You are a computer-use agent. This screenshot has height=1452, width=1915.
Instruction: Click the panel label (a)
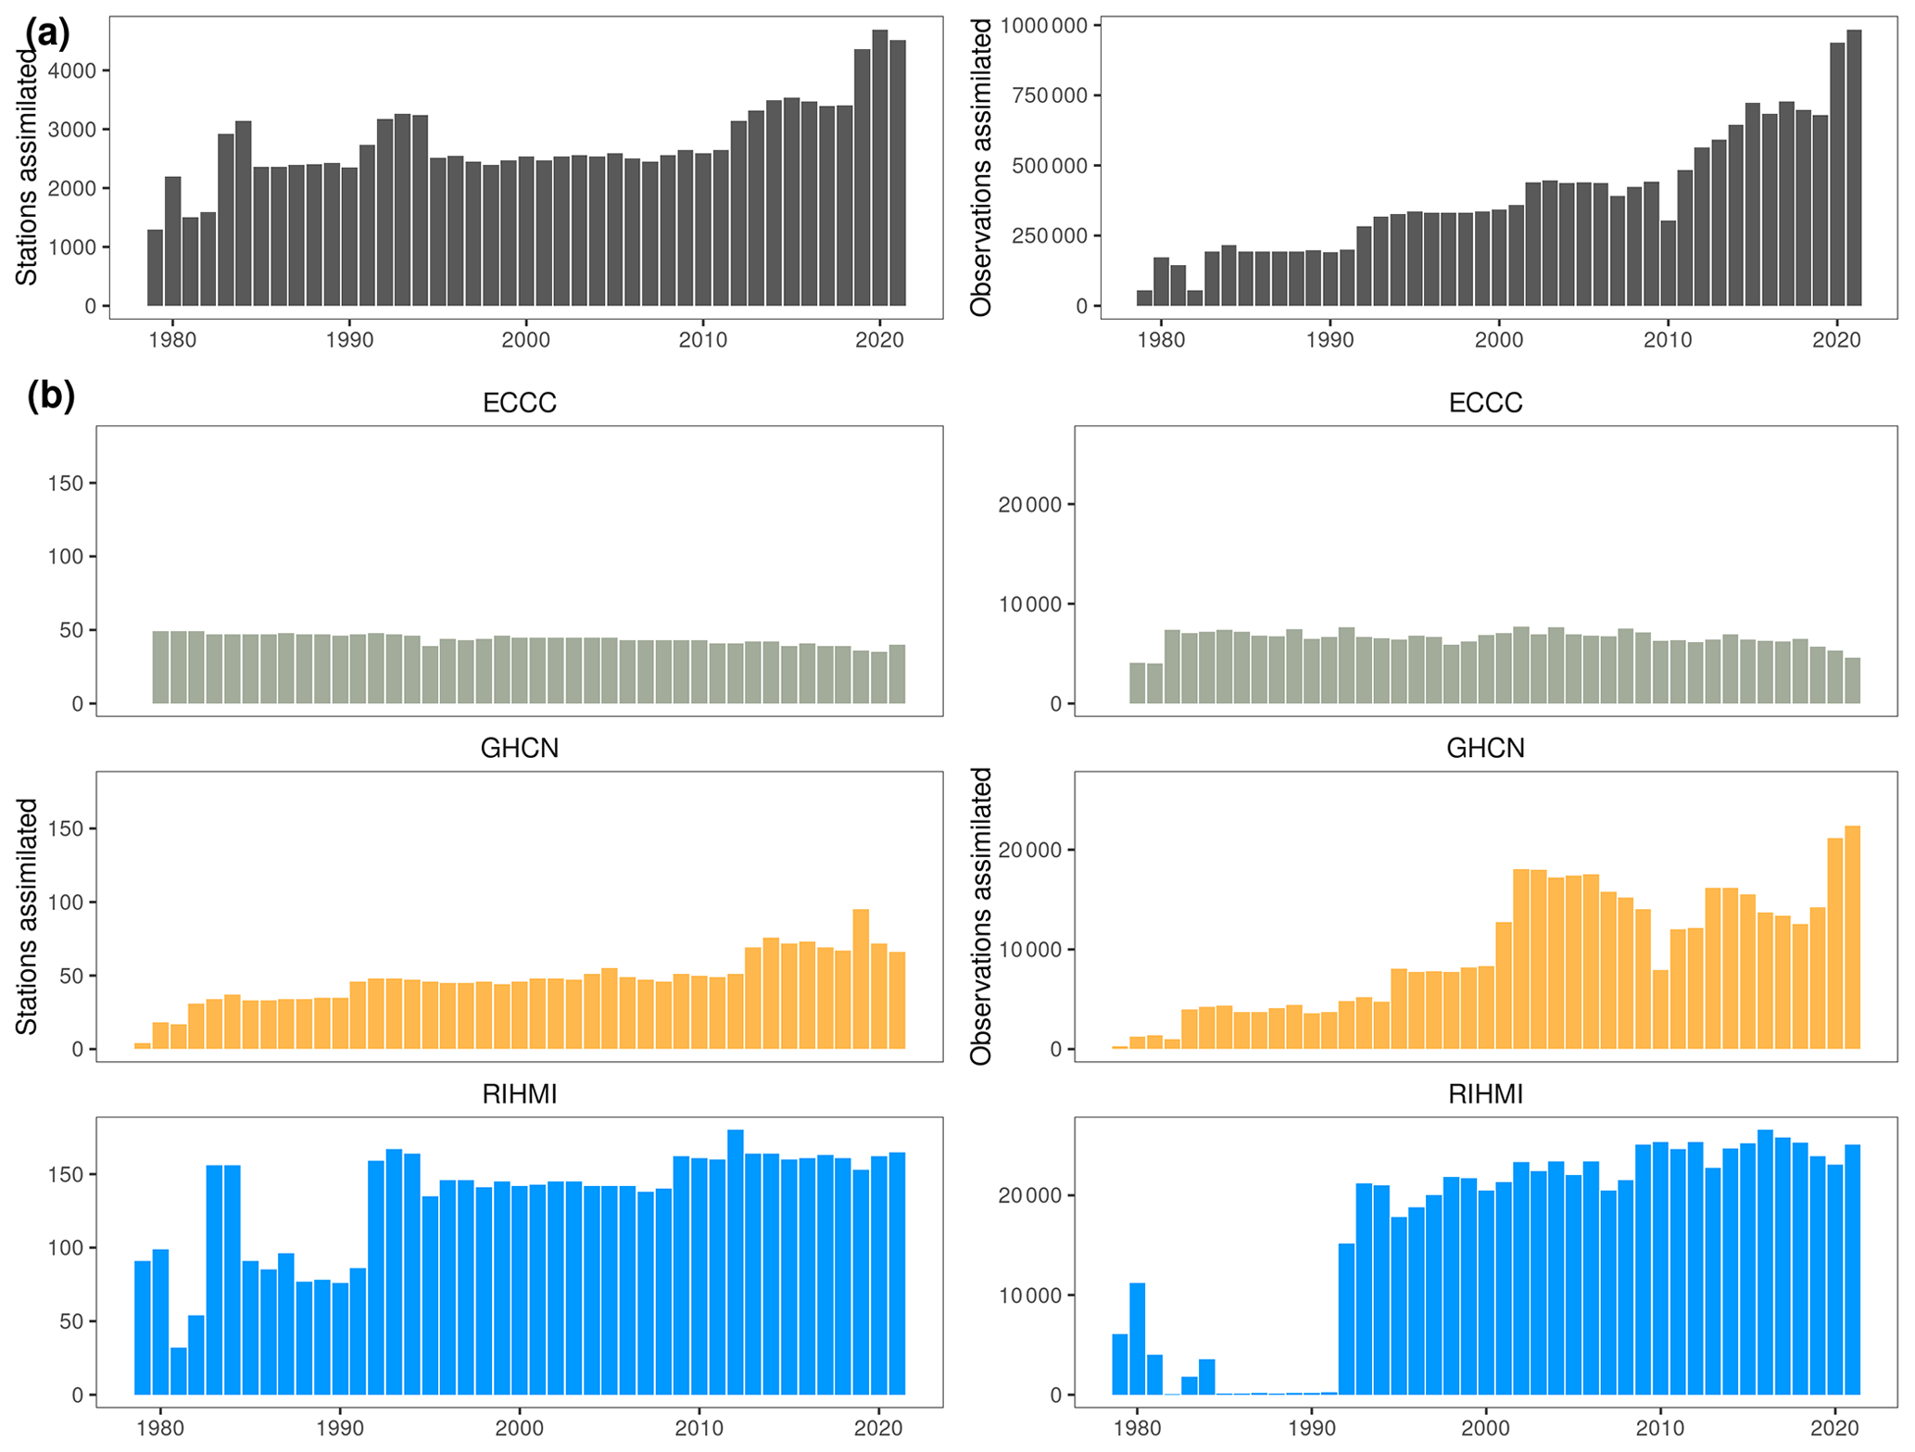pos(47,33)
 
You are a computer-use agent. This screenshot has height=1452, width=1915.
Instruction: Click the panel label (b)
pos(51,396)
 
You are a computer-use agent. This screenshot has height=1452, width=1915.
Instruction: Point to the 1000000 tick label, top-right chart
pos(1043,25)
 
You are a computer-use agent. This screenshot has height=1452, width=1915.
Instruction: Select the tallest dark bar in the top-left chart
pos(879,167)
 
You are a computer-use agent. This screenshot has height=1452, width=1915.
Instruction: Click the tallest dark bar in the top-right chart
pos(1853,167)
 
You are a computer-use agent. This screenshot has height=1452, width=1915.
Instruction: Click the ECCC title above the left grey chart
pos(519,403)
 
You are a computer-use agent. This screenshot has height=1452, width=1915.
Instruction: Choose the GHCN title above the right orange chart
pos(1484,748)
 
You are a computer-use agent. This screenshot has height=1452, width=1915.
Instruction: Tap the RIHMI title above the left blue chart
pos(519,1094)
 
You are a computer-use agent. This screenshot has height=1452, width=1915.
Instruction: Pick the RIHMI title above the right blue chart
pos(1484,1094)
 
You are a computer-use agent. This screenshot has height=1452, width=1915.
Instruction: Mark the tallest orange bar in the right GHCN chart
pos(1852,937)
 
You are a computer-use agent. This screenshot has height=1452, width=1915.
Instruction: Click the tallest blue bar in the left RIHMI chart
pos(736,1262)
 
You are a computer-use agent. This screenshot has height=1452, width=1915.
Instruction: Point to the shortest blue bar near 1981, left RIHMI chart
pos(179,1370)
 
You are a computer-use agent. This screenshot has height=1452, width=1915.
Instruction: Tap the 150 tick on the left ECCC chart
pos(66,483)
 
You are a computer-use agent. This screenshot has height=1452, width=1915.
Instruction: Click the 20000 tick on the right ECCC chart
pos(1029,505)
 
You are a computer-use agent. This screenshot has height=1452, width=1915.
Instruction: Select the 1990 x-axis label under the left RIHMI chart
pos(340,1428)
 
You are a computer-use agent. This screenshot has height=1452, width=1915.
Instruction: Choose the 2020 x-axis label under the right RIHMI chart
pos(1834,1428)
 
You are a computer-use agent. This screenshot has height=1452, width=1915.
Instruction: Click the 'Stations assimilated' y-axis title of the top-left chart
pos(27,167)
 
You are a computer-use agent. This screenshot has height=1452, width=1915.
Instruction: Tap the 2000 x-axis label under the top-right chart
pos(1498,340)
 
